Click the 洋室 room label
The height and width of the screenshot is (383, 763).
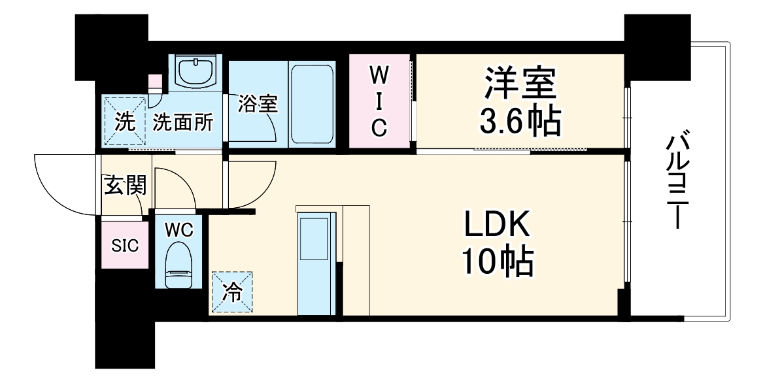tap(520, 82)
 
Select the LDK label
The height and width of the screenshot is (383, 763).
tap(498, 227)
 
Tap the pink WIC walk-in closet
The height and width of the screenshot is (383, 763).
tap(379, 101)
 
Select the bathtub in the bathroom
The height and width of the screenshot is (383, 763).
tap(313, 103)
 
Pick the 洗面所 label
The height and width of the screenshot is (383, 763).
tap(183, 122)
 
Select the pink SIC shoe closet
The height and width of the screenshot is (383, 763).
tap(124, 246)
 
